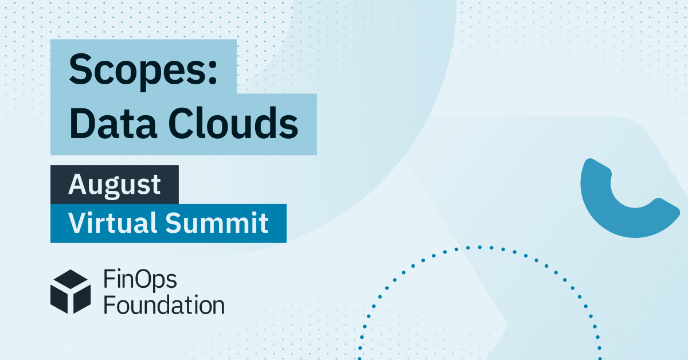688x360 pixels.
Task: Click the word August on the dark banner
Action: click(115, 185)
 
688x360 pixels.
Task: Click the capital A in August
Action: click(78, 185)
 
